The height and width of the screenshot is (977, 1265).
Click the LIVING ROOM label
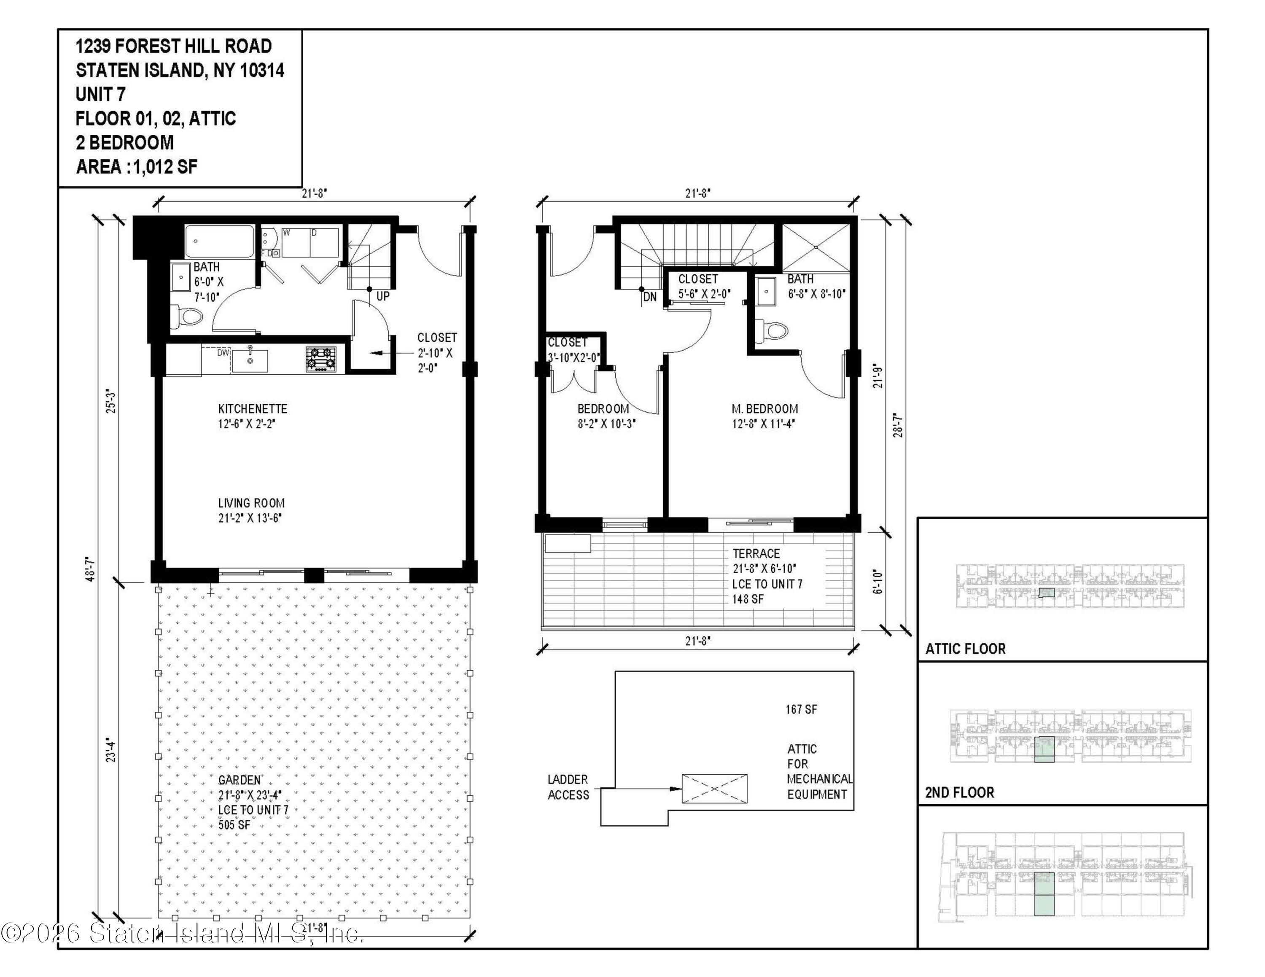click(x=251, y=503)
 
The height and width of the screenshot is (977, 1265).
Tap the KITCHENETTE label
click(x=253, y=408)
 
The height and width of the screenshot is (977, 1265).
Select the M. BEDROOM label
click(x=764, y=408)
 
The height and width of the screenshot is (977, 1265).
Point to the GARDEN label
click(x=239, y=780)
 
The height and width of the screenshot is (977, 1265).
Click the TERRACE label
click(x=756, y=553)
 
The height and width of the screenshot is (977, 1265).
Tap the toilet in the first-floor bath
click(x=189, y=316)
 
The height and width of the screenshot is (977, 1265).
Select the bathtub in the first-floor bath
click(x=220, y=242)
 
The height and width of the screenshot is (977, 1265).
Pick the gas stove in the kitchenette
click(x=321, y=359)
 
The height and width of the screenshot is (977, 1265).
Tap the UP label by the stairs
click(x=383, y=296)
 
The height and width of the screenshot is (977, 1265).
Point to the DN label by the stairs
click(x=650, y=297)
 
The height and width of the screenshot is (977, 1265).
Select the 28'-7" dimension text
click(x=897, y=424)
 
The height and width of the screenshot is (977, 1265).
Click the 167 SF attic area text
click(x=802, y=709)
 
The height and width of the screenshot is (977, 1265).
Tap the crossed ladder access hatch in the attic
click(x=714, y=788)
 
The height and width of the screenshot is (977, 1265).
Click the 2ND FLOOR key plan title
click(x=959, y=792)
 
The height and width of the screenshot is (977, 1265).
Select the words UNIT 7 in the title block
click(x=100, y=94)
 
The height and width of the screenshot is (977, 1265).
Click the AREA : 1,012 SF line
click(x=137, y=166)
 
